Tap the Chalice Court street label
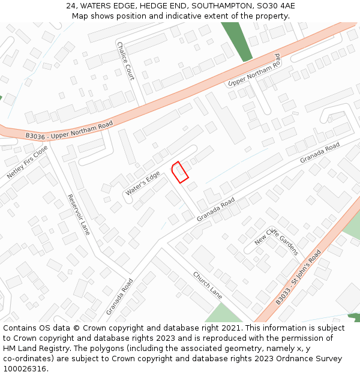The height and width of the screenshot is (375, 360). pyautogui.click(x=126, y=61)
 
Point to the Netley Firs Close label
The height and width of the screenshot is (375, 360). pyautogui.click(x=27, y=162)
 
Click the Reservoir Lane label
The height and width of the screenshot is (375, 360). pyautogui.click(x=78, y=214)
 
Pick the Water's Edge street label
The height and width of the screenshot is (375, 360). pyautogui.click(x=143, y=184)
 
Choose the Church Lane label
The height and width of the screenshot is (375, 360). pyautogui.click(x=208, y=284)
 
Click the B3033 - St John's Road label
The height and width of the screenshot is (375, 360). pyautogui.click(x=299, y=277)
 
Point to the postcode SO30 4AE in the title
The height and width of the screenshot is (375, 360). pyautogui.click(x=277, y=6)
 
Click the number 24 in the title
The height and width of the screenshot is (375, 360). pyautogui.click(x=71, y=6)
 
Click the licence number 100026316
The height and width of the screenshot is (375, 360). pyautogui.click(x=25, y=368)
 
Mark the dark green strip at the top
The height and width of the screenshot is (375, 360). pyautogui.click(x=236, y=41)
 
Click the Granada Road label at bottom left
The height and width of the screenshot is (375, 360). pyautogui.click(x=119, y=296)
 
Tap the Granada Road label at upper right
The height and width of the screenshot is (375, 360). pyautogui.click(x=320, y=152)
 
